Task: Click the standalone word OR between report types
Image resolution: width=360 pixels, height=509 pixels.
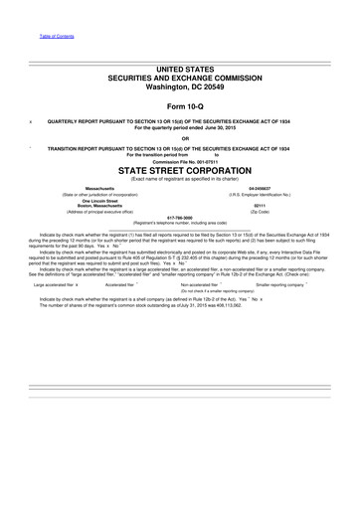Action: tap(180, 138)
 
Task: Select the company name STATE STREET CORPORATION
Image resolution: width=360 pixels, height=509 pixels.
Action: tap(180, 171)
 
